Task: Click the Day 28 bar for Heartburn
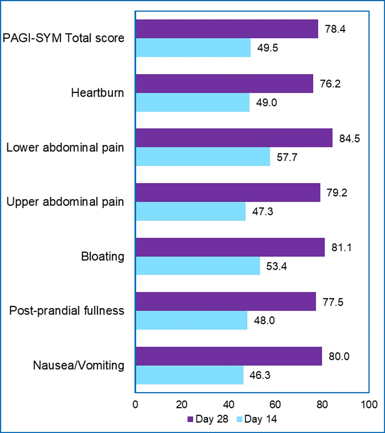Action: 224,84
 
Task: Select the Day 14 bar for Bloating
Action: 198,266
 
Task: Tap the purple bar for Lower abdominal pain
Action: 234,138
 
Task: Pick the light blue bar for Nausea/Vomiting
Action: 189,375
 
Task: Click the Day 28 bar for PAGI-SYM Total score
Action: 226,29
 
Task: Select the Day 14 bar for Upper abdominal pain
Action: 191,211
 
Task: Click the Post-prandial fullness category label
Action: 67,311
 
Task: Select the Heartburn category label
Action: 98,93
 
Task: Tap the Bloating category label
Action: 103,257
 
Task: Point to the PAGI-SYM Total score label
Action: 63,39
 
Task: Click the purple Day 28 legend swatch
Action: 191,419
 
